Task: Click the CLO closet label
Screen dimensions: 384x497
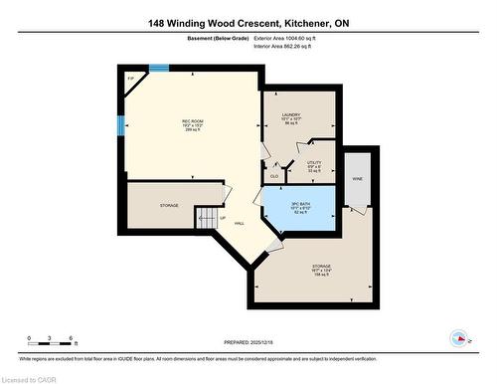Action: tap(274, 176)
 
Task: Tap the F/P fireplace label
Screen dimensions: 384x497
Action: tap(130, 79)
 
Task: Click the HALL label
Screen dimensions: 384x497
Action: tap(240, 223)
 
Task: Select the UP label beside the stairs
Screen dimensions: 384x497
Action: tap(223, 218)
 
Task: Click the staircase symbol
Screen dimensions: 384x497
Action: tap(206, 216)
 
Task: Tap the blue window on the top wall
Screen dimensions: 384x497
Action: tap(158, 68)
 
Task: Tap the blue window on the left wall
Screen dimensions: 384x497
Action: tap(120, 125)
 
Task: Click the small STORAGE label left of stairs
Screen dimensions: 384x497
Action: tap(169, 205)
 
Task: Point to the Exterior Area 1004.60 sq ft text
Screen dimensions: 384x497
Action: tap(295, 38)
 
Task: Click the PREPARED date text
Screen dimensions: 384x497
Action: tap(249, 338)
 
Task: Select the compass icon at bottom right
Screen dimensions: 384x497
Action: tap(460, 336)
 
